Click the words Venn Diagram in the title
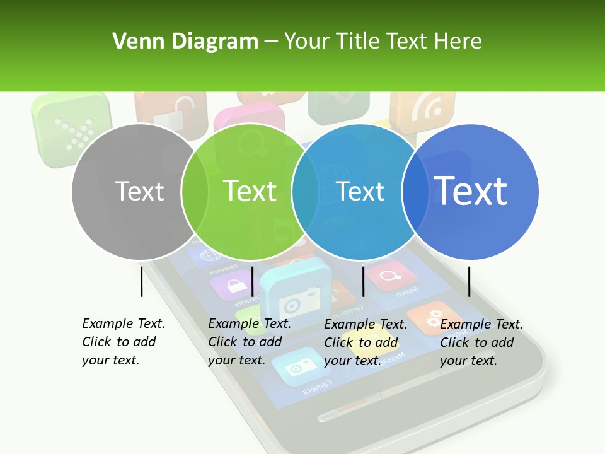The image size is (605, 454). coord(185,42)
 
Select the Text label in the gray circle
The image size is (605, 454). coord(139,191)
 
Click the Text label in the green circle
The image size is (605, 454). coord(250,191)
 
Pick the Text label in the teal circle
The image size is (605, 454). coord(360,191)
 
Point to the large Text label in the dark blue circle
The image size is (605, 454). coord(470,190)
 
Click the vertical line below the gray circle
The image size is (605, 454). coord(141,281)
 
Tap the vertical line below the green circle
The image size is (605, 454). coord(252,281)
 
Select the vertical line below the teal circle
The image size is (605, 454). coord(363,281)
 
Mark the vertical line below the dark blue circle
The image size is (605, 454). coord(469,281)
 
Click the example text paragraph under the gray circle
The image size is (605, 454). coord(124,342)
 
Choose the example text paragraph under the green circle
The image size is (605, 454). coord(250,342)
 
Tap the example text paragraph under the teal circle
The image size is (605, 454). coord(366,342)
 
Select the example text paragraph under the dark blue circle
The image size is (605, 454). coord(481,342)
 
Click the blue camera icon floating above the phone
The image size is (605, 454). coord(294,294)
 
